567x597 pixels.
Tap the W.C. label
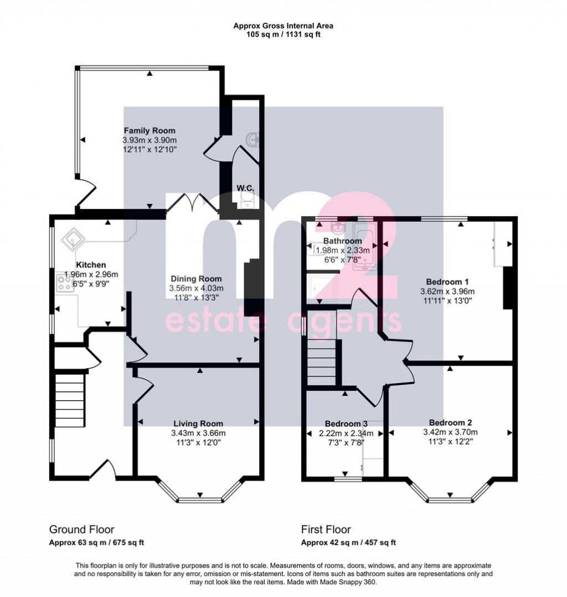(245, 188)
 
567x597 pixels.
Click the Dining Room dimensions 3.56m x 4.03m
(196, 288)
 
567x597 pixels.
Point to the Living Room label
(196, 424)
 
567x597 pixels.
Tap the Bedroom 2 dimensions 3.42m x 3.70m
(450, 433)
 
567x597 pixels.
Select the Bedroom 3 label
(339, 424)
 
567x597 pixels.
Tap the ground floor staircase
(69, 399)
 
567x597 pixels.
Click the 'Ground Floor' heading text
(82, 529)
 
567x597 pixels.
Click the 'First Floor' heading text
(326, 529)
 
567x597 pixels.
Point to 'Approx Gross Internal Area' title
(283, 25)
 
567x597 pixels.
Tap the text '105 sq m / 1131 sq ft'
(283, 33)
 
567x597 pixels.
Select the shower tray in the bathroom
(321, 288)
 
